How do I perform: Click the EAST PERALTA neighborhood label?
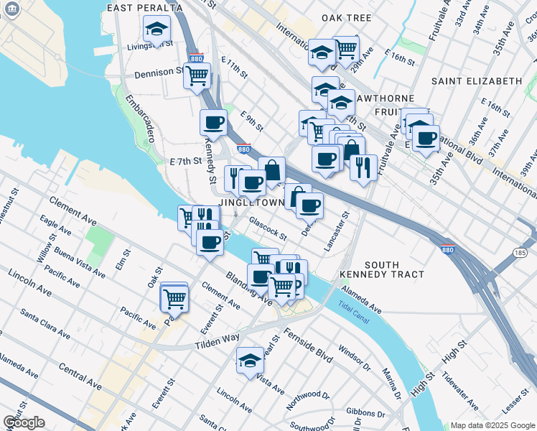pyautogui.click(x=139, y=7)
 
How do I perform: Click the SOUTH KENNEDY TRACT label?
pyautogui.click(x=393, y=269)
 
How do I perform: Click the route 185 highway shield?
pyautogui.click(x=520, y=254)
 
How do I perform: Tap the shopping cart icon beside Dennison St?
pyautogui.click(x=196, y=75)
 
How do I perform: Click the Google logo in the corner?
pyautogui.click(x=24, y=422)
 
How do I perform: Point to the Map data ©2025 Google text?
pyautogui.click(x=492, y=425)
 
